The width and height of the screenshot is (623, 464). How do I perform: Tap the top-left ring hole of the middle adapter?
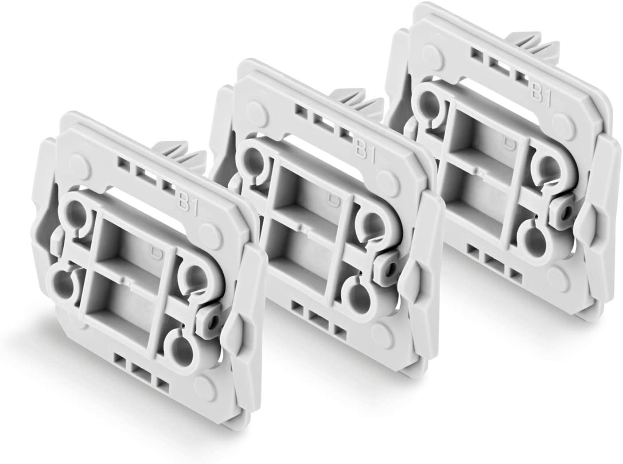coord(250,160)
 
